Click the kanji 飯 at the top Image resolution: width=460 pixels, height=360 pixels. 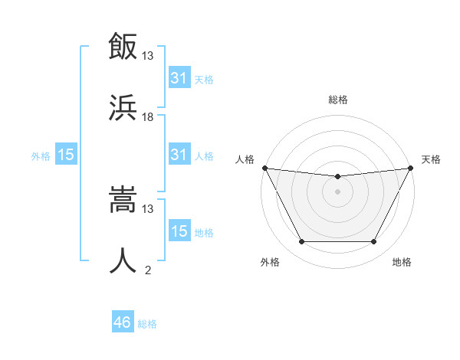pos(123,47)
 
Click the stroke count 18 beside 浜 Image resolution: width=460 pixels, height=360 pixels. pos(148,116)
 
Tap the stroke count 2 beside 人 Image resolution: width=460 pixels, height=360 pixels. pos(148,270)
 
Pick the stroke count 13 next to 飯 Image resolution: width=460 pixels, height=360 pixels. pos(148,56)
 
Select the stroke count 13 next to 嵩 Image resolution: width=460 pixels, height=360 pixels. pos(148,208)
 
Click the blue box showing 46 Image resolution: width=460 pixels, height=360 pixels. pos(123,322)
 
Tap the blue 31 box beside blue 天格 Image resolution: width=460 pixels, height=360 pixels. pos(179,77)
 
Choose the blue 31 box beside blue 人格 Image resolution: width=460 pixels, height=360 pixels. pos(179,155)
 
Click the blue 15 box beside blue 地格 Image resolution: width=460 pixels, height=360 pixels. pos(179,231)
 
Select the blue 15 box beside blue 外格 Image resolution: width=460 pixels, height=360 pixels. pos(66,155)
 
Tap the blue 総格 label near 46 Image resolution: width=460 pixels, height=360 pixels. pos(147,324)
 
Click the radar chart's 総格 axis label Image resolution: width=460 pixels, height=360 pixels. pos(337,100)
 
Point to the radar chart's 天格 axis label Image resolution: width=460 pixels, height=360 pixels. pos(432,159)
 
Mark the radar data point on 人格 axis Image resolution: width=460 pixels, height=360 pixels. pos(264,168)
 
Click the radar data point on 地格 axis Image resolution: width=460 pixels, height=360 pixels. pos(373,242)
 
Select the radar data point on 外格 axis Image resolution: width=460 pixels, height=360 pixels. pos(301,242)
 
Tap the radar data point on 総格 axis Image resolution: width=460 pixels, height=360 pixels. pos(337,178)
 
